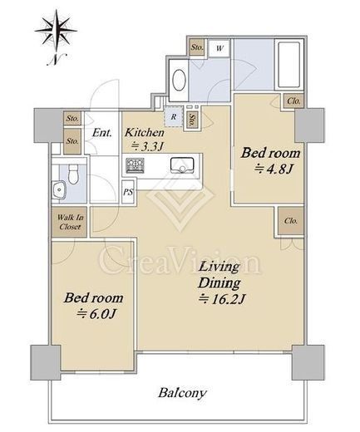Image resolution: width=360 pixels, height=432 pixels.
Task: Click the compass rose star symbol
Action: click(x=56, y=31)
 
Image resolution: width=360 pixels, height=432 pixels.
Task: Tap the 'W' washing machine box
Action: click(x=219, y=48)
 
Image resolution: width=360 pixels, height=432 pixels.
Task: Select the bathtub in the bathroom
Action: click(x=288, y=65)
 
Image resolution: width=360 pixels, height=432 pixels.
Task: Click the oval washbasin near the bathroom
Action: click(x=179, y=80)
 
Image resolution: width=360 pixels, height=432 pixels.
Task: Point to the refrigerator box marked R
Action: click(x=174, y=116)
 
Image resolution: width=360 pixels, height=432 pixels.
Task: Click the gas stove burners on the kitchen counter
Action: click(x=135, y=165)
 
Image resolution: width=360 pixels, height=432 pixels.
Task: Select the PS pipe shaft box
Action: click(x=128, y=192)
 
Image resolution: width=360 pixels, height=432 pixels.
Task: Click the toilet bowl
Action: click(x=74, y=174)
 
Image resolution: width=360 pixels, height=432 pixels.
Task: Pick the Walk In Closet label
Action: click(x=70, y=222)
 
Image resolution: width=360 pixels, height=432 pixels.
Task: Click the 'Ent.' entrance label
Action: click(x=102, y=133)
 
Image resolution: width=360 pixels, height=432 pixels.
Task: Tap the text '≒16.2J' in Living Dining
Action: click(x=222, y=299)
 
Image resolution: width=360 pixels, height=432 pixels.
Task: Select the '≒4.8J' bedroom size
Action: click(x=274, y=169)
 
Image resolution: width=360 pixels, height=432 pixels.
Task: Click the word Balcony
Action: click(x=182, y=393)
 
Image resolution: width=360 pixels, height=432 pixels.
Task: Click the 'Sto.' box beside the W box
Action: click(x=197, y=47)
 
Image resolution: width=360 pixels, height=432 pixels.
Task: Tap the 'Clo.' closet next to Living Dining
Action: click(x=291, y=221)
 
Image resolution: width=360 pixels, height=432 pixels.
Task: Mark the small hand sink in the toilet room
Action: click(x=59, y=189)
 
